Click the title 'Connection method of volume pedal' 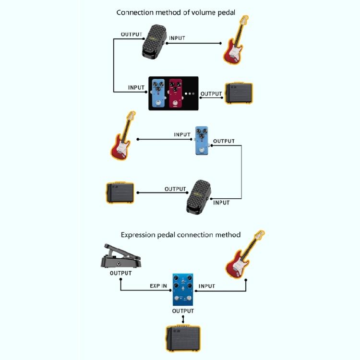[176, 12]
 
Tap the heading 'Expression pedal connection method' [180, 235]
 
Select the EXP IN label [158, 286]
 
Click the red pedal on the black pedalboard [176, 93]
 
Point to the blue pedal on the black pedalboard [158, 93]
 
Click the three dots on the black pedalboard [190, 94]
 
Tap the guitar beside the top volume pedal [236, 40]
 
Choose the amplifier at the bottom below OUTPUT [183, 338]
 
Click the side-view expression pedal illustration [121, 256]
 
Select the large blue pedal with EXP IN [183, 289]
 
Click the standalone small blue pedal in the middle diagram [202, 141]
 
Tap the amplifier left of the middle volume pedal [120, 193]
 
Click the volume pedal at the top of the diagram [154, 42]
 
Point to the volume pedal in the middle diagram [198, 197]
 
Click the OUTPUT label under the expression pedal [121, 273]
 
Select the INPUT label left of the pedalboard [136, 88]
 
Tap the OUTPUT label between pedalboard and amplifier [211, 94]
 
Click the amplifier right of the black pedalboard [239, 93]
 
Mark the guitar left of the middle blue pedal [123, 135]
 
